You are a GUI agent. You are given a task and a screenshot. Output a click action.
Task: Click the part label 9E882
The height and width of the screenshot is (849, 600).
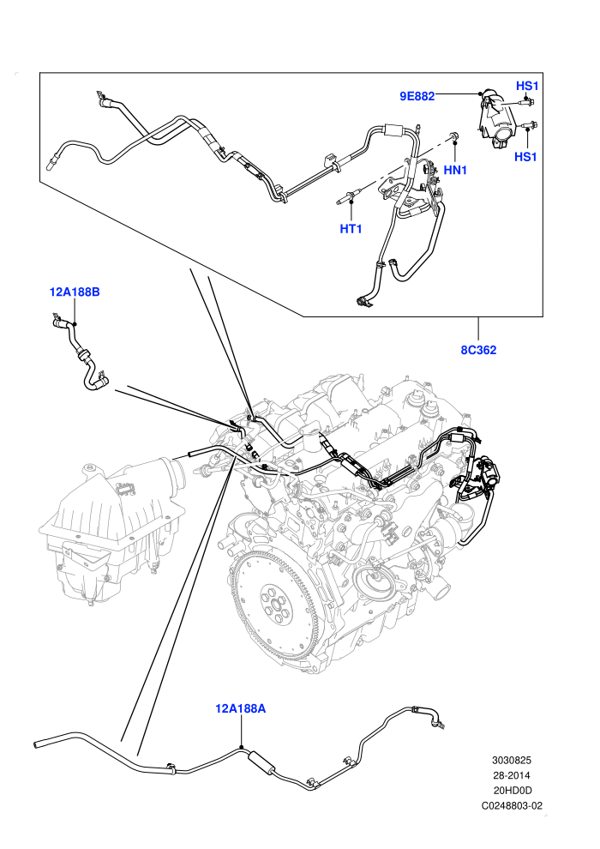(417, 96)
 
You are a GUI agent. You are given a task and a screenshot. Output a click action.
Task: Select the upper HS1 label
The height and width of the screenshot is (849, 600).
(526, 86)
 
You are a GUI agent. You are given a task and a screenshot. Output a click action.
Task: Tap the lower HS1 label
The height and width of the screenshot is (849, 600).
(525, 157)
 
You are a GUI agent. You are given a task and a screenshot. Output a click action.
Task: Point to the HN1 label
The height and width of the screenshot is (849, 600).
(454, 170)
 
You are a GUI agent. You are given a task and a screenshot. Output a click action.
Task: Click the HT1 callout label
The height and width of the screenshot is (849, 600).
(351, 229)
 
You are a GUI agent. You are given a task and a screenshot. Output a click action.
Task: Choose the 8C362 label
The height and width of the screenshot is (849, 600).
(478, 350)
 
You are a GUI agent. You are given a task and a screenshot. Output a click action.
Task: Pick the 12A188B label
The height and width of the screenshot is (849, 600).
(75, 292)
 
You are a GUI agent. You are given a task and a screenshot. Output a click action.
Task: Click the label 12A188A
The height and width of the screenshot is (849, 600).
(240, 708)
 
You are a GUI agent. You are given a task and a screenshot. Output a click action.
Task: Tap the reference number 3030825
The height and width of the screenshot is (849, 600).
(511, 761)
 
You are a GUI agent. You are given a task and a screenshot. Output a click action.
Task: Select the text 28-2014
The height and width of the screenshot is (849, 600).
(511, 776)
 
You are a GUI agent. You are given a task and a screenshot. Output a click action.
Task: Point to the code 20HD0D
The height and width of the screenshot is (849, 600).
(512, 791)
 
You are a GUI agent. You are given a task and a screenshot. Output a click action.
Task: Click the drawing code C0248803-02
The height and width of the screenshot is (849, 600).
(511, 805)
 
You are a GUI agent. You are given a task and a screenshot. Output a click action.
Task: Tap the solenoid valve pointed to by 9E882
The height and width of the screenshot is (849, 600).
(495, 118)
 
